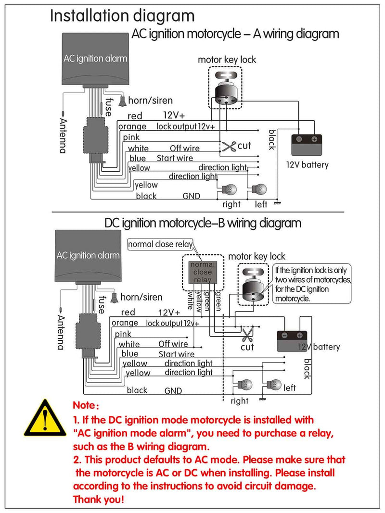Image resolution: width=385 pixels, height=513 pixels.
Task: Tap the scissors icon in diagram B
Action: point(247,333)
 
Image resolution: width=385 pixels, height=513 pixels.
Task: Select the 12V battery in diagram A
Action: point(306,144)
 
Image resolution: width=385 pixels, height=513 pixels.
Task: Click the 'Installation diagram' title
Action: point(123,15)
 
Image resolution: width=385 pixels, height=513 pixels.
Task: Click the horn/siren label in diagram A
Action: point(150,100)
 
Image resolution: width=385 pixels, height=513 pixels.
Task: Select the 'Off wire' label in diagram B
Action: point(173,344)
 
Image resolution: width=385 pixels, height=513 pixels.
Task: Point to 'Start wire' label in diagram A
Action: point(175,158)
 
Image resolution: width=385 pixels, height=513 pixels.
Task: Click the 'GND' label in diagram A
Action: point(191,196)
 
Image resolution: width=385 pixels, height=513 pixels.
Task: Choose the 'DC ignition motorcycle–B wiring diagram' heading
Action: point(203,223)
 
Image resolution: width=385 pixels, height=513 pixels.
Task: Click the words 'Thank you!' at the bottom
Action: point(98,500)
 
